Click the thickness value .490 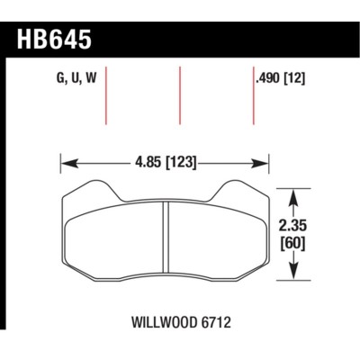(269, 78)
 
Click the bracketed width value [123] (179, 163)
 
